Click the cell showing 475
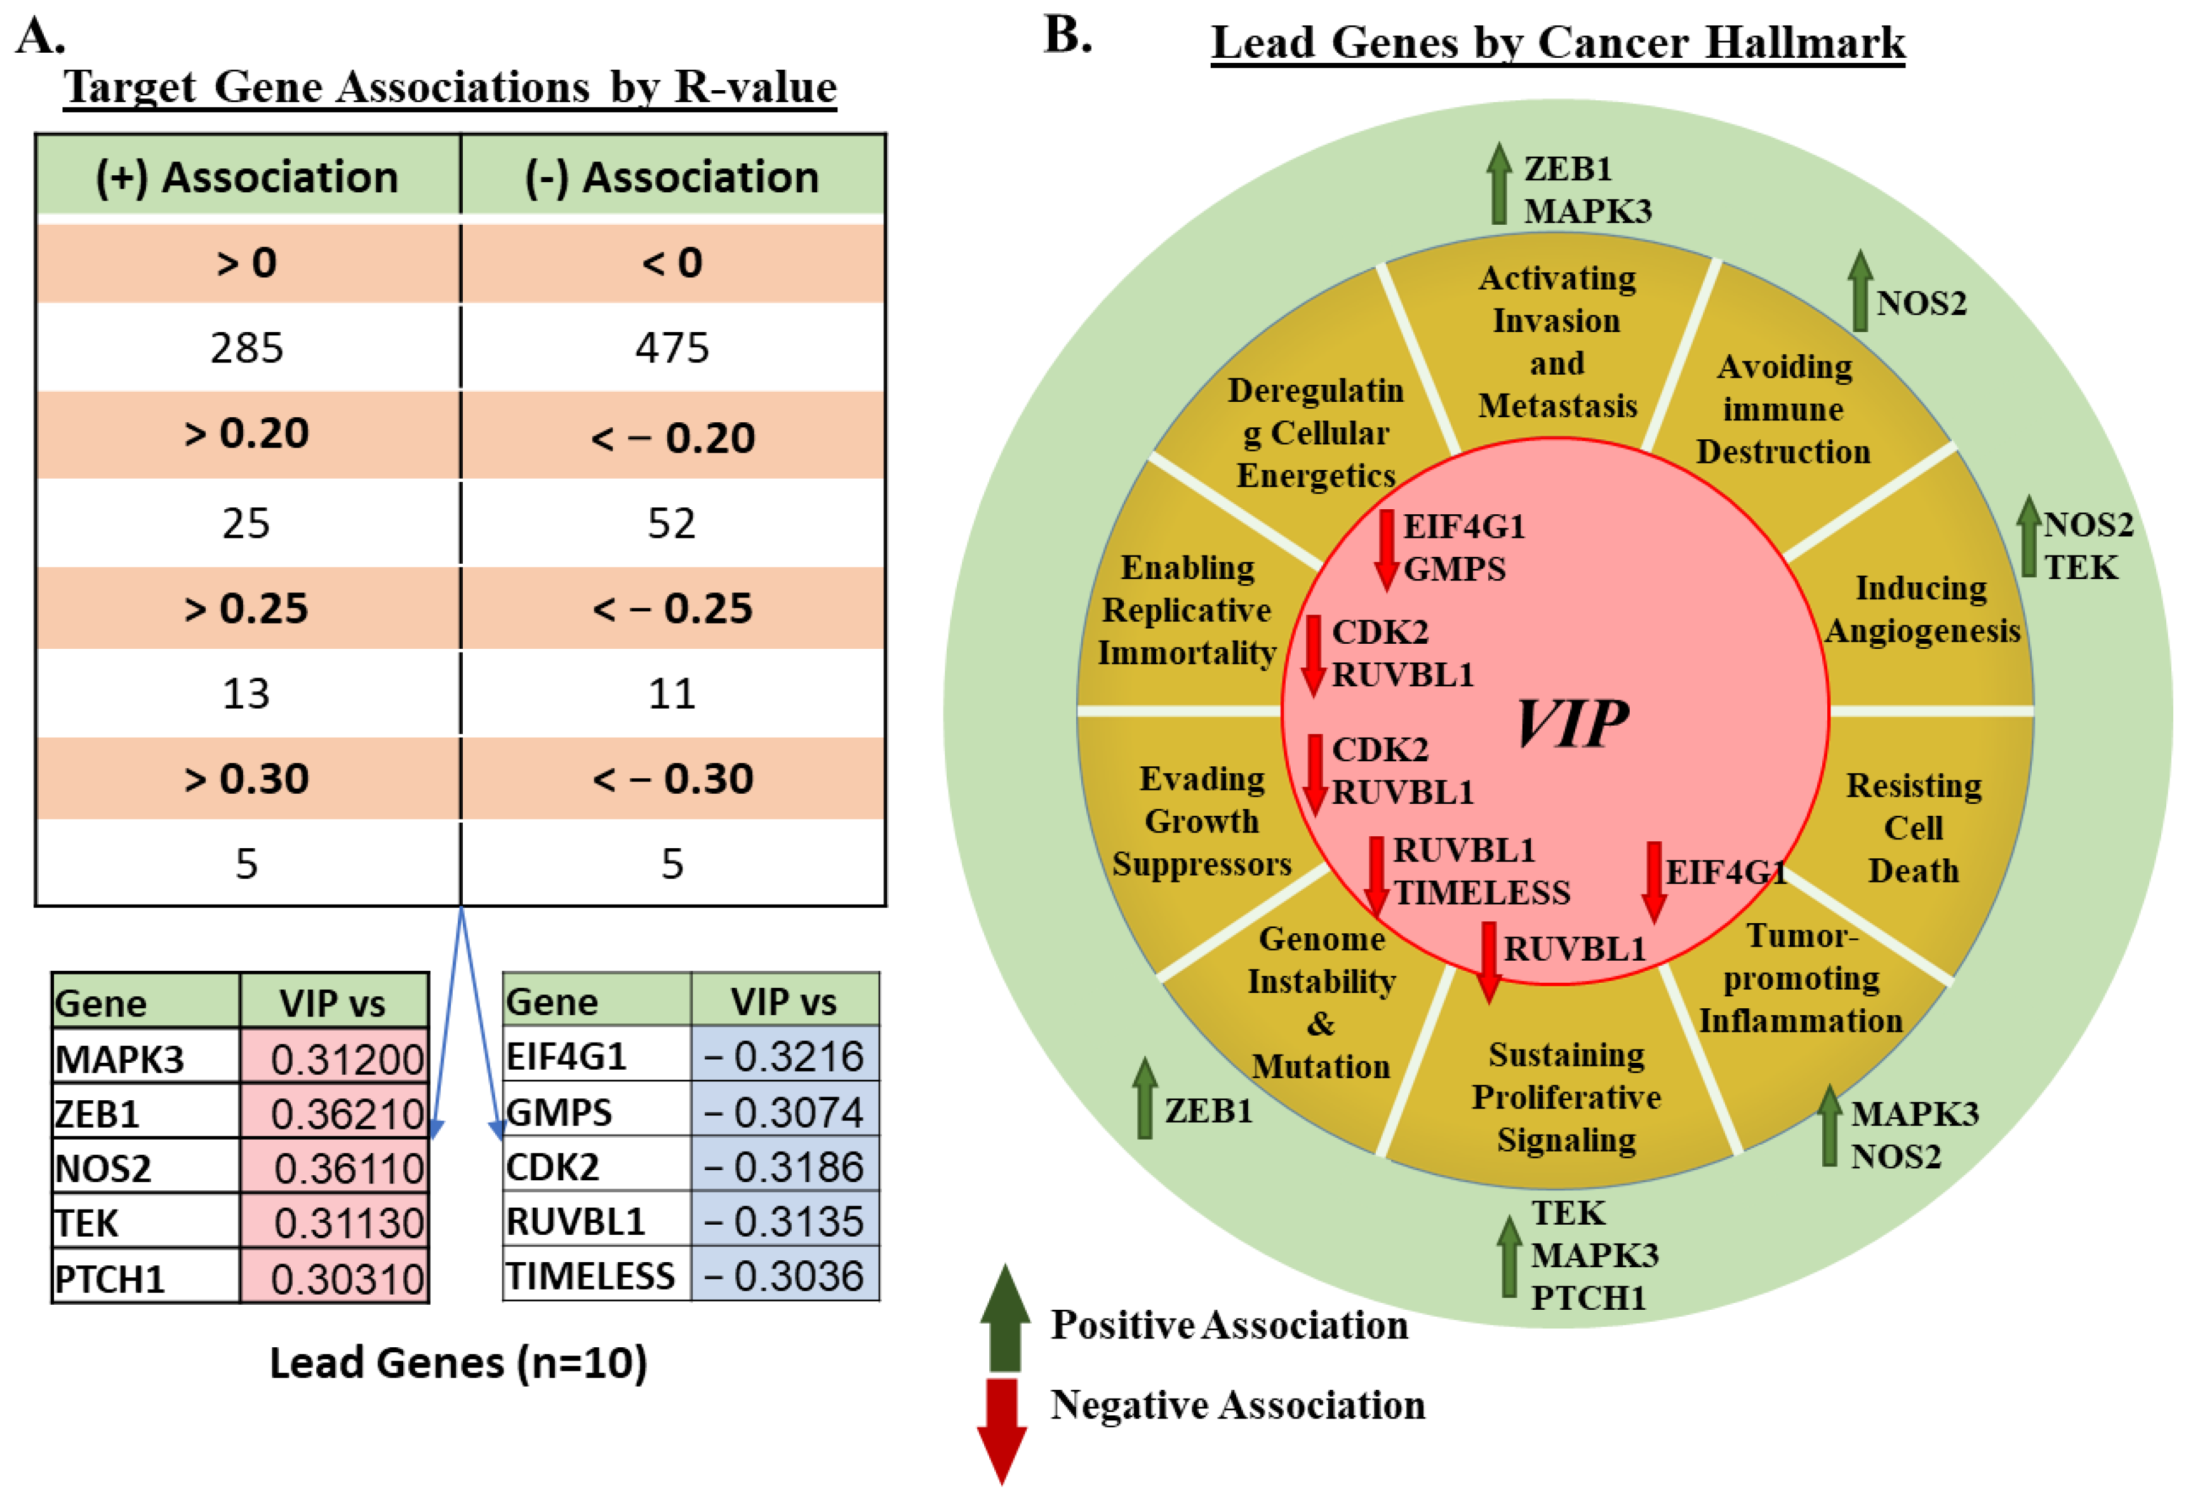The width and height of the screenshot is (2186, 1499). [672, 348]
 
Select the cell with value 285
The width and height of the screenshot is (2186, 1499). [246, 348]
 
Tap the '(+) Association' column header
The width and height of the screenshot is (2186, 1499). [246, 177]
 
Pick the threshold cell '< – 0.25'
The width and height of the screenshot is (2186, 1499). [672, 608]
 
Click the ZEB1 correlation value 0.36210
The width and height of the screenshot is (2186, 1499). [346, 1114]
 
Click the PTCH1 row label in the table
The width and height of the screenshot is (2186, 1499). [110, 1279]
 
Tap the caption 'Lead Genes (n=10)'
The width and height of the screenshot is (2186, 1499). [458, 1362]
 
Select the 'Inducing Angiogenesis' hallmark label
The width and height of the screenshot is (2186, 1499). [1922, 610]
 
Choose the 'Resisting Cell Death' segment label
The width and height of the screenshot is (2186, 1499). [1913, 827]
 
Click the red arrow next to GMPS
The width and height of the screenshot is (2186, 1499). [1385, 550]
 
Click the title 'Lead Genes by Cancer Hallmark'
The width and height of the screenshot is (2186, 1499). [1557, 43]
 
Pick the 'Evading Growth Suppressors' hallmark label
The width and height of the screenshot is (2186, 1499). [1201, 821]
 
